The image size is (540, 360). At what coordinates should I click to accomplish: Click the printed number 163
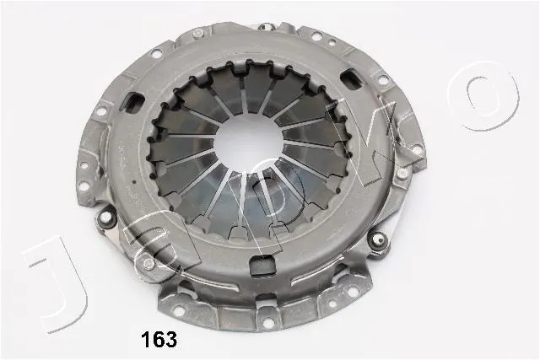coord(159,339)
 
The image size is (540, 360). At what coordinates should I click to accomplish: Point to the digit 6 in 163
coord(159,339)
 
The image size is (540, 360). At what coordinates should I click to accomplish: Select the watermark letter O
coord(483,95)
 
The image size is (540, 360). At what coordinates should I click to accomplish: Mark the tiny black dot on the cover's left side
coord(134,181)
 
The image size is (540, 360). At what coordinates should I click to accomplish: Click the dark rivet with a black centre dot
coord(378,239)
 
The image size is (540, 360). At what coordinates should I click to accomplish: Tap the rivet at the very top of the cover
coord(265,26)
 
